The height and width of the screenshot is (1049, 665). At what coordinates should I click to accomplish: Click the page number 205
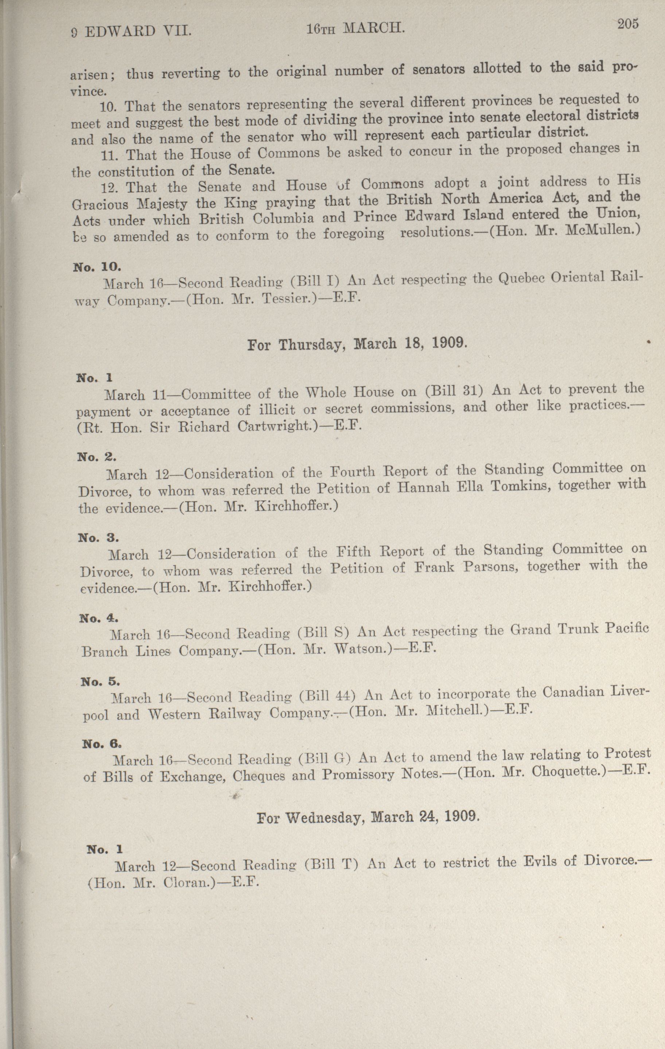click(627, 24)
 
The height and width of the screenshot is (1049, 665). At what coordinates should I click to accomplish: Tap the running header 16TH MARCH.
click(355, 29)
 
